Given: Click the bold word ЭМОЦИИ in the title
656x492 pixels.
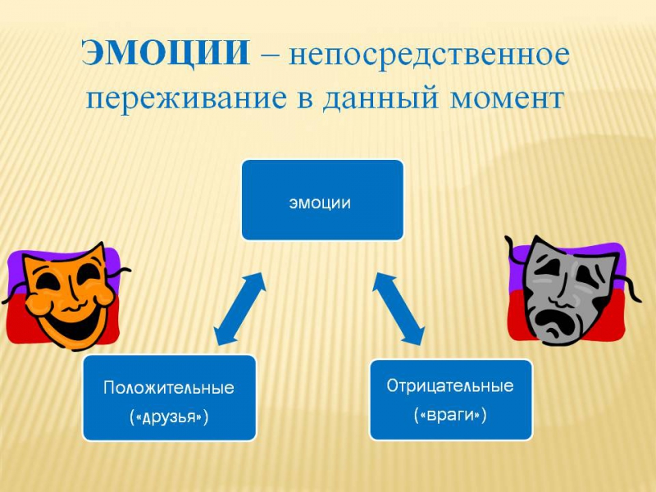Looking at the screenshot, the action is tap(166, 52).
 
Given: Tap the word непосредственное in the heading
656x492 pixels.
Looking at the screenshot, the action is tap(429, 54).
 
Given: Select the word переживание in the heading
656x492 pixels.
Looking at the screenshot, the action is tap(187, 99).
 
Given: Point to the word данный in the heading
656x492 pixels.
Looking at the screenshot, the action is tap(380, 99).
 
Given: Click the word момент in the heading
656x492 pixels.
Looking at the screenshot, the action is tap(507, 99).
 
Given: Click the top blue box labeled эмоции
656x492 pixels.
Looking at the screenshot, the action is tap(322, 200).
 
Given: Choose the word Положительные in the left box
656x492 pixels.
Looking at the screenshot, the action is tap(169, 388).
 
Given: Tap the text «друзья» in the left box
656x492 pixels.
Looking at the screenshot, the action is tap(169, 417).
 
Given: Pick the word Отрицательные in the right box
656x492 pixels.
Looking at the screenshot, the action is tap(450, 385).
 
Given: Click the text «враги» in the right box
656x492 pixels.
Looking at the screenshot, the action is tap(450, 415).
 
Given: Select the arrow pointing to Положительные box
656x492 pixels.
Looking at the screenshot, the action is tap(239, 309).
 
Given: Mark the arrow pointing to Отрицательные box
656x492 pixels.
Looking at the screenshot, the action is tap(399, 309).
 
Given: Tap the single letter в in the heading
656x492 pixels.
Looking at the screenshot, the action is tap(305, 101).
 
